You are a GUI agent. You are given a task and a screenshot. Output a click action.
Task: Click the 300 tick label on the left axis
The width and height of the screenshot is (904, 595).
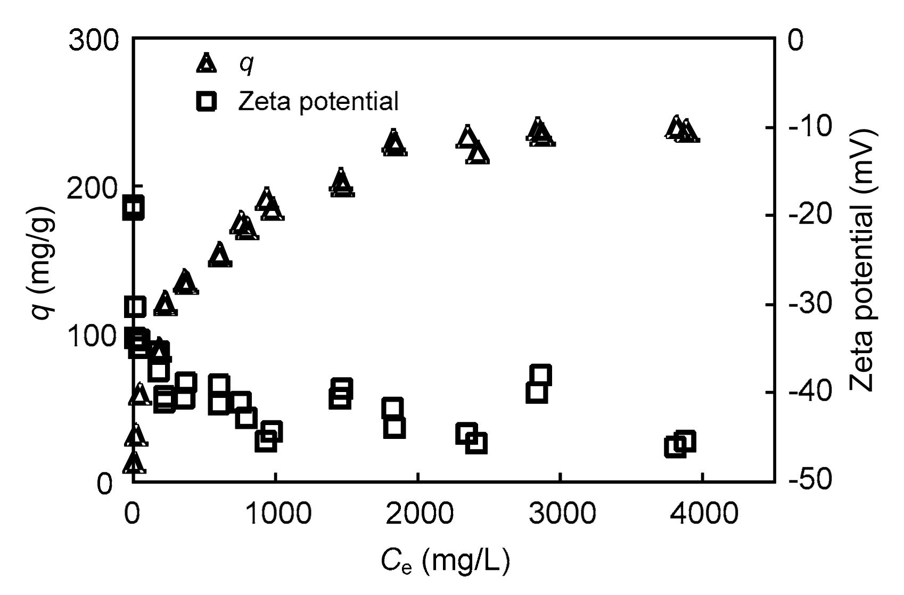click(94, 41)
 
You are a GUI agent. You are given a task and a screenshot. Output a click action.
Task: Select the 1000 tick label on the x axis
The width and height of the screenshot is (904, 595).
click(275, 514)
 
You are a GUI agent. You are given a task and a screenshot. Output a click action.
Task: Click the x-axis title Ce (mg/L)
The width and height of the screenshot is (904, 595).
click(445, 561)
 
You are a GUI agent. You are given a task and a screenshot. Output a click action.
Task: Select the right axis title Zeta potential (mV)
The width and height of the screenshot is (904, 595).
click(866, 259)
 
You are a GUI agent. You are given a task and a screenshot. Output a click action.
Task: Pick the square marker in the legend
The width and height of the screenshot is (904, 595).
click(207, 101)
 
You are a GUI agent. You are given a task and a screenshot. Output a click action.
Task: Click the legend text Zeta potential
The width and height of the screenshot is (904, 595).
click(318, 101)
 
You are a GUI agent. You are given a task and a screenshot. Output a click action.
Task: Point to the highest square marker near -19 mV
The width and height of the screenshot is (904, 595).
click(133, 207)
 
